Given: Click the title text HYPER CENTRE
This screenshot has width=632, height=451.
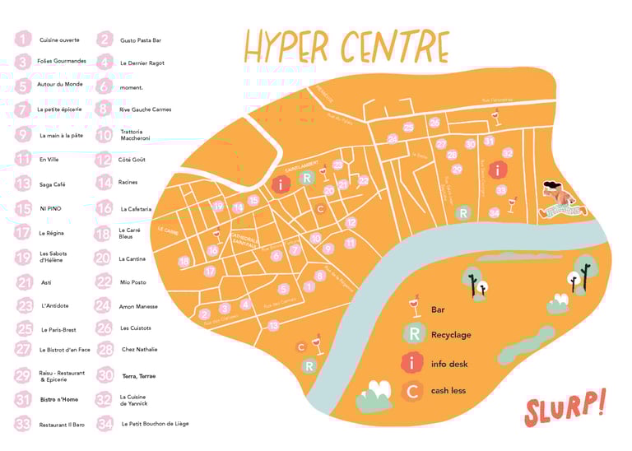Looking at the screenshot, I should [346, 47].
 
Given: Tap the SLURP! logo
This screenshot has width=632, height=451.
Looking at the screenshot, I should [566, 406].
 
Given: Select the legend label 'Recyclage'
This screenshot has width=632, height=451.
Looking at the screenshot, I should [451, 335].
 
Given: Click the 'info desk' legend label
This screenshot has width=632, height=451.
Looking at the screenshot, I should [448, 363].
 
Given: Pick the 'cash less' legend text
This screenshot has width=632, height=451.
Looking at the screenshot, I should [448, 390].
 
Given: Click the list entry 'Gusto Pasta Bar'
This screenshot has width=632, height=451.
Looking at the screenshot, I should [141, 40].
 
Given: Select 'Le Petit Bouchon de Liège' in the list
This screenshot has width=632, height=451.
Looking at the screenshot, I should [155, 424].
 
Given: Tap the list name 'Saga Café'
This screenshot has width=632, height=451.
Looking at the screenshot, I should [52, 184].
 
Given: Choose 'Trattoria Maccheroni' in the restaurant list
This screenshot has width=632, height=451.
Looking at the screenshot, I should [137, 135].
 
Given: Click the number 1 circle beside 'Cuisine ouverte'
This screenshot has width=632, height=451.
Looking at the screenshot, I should [23, 39].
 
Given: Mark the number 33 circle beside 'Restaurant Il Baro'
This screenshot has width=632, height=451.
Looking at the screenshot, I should [23, 424].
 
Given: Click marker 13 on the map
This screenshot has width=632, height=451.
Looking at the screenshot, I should [274, 326].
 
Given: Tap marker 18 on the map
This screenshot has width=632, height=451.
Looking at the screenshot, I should [184, 261].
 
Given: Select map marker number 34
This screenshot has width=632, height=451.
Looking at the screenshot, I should [494, 213].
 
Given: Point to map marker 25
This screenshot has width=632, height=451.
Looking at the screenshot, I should [409, 127].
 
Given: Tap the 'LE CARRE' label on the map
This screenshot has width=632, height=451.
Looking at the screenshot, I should [168, 230].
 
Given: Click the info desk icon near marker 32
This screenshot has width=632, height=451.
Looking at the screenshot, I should [496, 170].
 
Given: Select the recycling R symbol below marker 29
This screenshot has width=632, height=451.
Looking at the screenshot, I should [463, 213].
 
